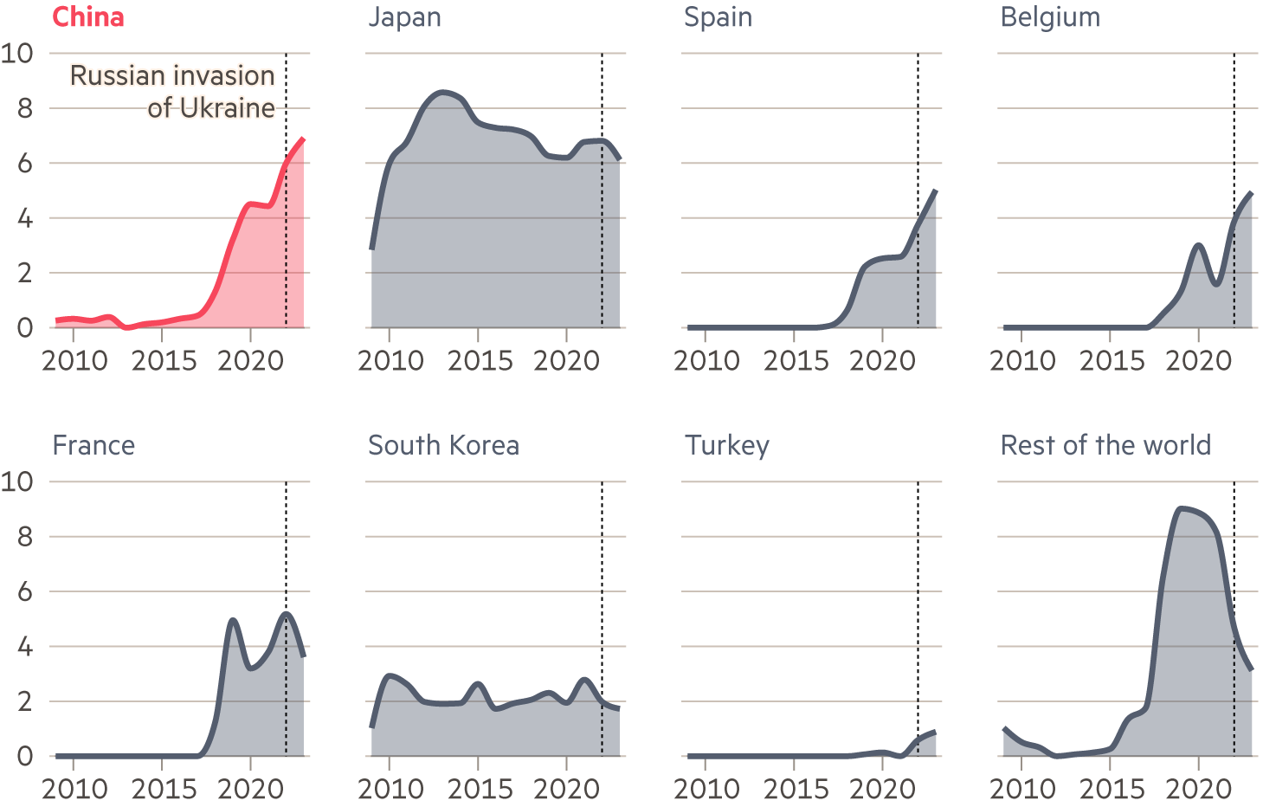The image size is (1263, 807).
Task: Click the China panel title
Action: click(88, 17)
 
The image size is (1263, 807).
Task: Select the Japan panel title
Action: click(404, 17)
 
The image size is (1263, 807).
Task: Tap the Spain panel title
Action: click(718, 17)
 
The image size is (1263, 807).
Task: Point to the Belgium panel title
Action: click(1050, 17)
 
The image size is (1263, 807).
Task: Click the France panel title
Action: click(93, 445)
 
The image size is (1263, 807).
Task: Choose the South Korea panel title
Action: click(443, 445)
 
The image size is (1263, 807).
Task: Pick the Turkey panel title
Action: click(726, 445)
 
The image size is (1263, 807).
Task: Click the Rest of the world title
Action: click(1105, 445)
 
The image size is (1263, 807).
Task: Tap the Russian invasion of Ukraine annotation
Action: click(173, 91)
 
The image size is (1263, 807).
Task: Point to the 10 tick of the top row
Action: click(17, 54)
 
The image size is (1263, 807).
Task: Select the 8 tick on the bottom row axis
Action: click(24, 537)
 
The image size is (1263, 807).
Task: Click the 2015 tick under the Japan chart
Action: click(479, 360)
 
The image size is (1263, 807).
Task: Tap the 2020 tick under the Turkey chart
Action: click(882, 789)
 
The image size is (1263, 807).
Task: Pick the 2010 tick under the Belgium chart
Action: click(1022, 360)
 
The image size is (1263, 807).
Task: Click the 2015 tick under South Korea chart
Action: click(479, 789)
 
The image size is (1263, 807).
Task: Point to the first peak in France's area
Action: click(232, 619)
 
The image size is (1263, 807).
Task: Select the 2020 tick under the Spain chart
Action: click(882, 360)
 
